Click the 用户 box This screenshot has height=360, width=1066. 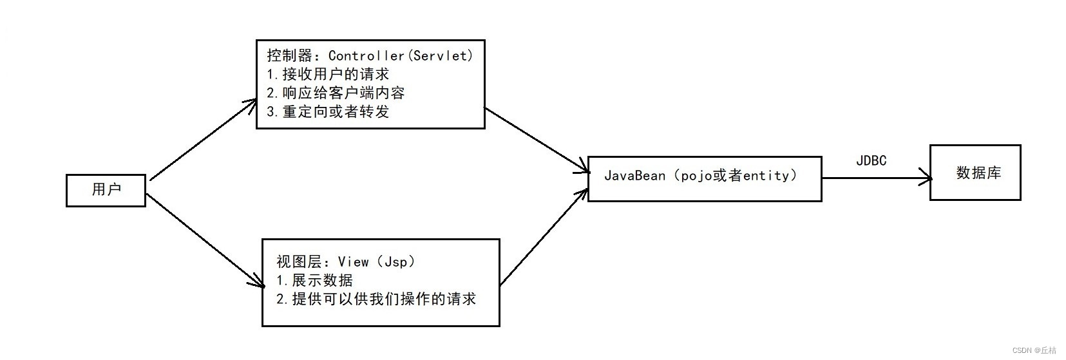(x=106, y=190)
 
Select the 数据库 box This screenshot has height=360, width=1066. (x=975, y=173)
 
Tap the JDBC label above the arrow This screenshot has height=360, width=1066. (x=871, y=161)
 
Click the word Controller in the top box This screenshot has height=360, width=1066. (x=366, y=55)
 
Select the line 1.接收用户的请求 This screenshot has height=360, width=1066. (x=328, y=74)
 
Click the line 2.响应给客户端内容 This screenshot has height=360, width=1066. (x=336, y=93)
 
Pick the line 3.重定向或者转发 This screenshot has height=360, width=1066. (x=328, y=111)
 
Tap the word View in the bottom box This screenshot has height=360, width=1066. (x=354, y=261)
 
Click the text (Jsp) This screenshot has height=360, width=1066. (x=396, y=261)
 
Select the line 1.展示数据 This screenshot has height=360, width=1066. (x=314, y=280)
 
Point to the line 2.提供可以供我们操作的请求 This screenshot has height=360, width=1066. (x=376, y=299)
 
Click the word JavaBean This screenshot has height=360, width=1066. (x=634, y=175)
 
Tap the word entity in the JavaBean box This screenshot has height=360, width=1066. (x=766, y=175)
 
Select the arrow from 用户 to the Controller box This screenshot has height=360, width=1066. (x=203, y=140)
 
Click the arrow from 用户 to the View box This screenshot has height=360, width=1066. (x=206, y=240)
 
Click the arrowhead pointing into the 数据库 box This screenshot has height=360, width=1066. (x=926, y=178)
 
